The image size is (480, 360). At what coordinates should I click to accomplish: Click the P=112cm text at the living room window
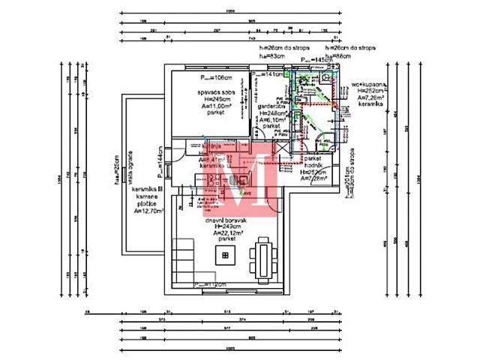(x=209, y=285)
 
